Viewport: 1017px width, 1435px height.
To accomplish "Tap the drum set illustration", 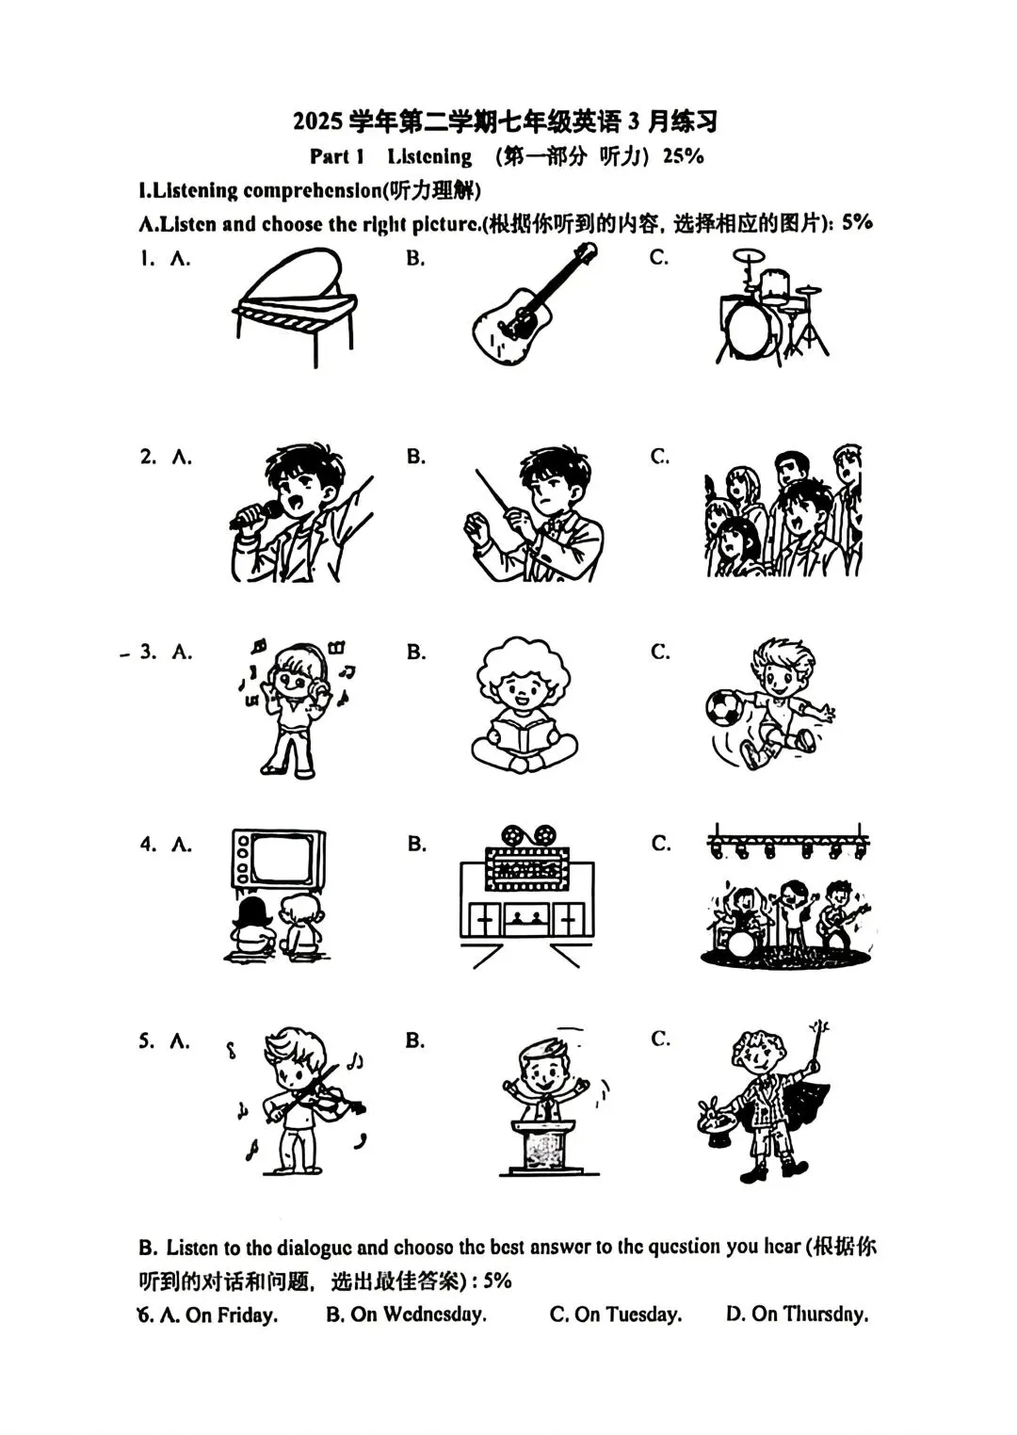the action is (x=772, y=308).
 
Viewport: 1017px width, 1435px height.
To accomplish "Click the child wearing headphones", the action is (x=297, y=707).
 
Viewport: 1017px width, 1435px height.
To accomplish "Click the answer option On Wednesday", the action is (x=406, y=1314).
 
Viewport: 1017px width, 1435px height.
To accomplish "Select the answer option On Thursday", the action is (x=798, y=1314).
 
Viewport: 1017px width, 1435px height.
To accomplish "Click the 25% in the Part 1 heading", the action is (x=683, y=155).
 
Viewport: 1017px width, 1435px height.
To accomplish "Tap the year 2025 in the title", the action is (x=318, y=121).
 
